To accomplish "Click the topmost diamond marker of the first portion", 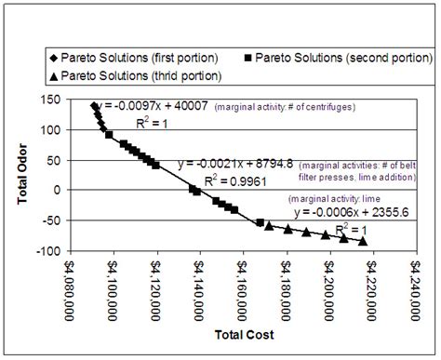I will [94, 105].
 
